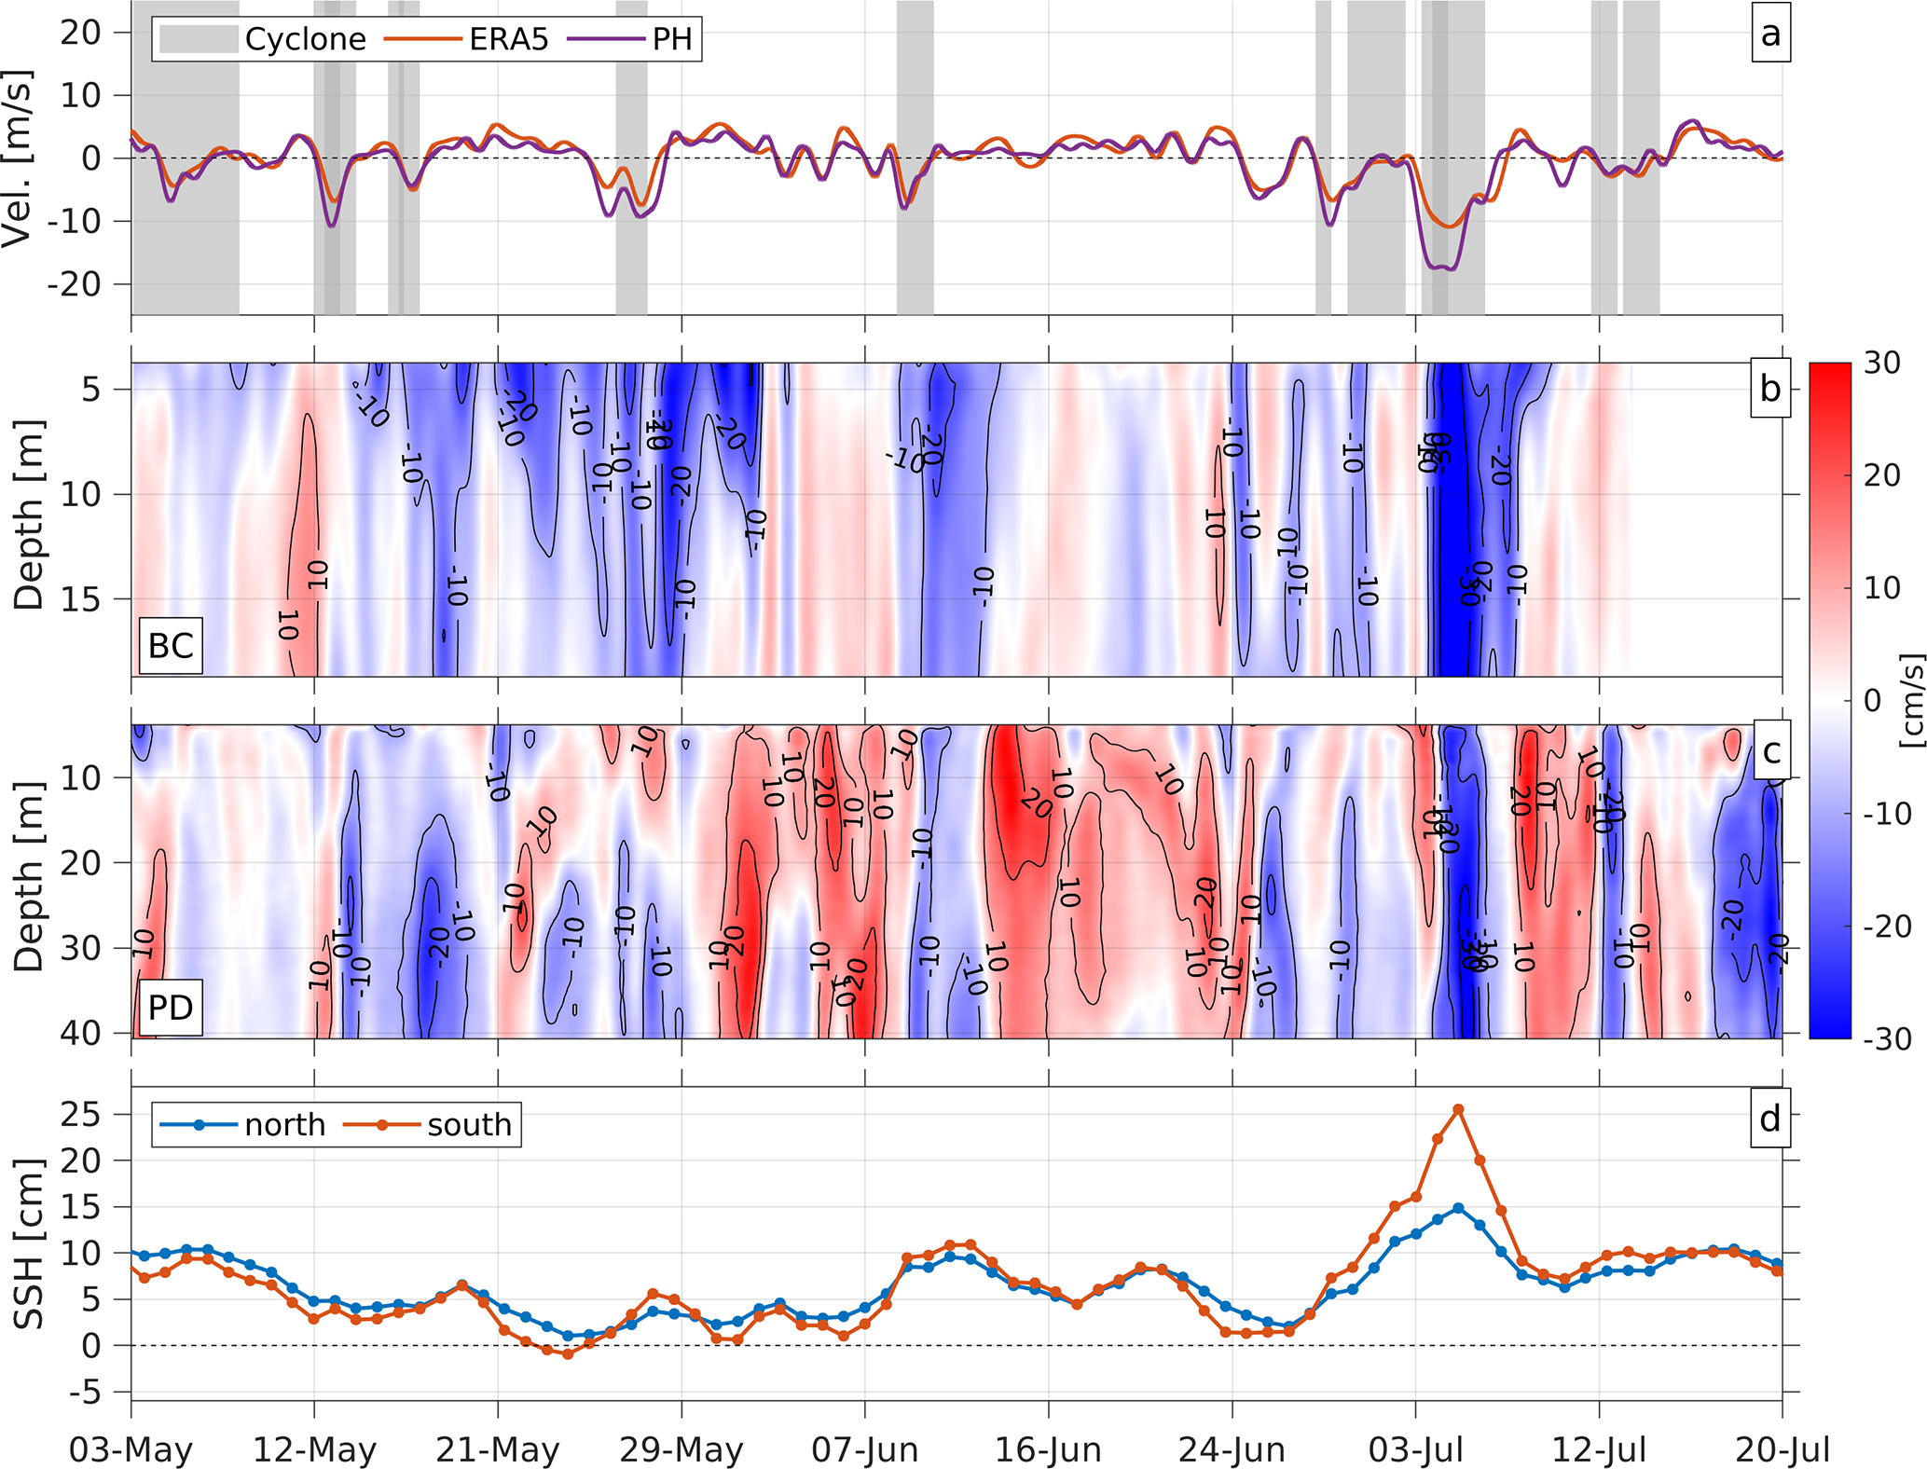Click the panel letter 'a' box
coord(1769,34)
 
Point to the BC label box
coord(171,645)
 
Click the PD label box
coord(171,1007)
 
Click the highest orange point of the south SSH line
coord(1459,1109)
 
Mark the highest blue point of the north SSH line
coord(1459,1208)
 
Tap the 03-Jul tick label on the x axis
coord(1416,1450)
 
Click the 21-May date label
coord(498,1450)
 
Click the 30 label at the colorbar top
coord(1882,363)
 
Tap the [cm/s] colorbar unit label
coord(1911,700)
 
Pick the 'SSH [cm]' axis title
coord(28,1243)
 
